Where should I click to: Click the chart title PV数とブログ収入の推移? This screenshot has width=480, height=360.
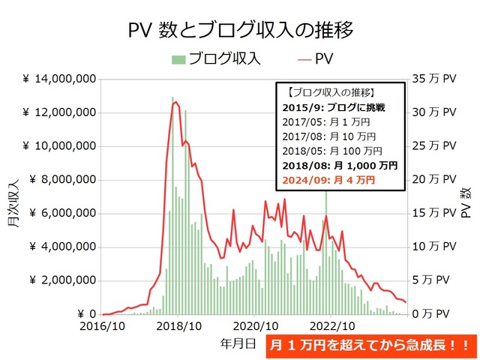click(x=239, y=29)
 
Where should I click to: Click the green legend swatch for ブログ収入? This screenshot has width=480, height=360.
click(x=178, y=58)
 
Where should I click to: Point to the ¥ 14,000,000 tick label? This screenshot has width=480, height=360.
click(x=59, y=79)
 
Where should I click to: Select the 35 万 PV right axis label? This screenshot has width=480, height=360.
click(x=434, y=79)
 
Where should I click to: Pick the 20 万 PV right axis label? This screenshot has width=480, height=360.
click(x=434, y=180)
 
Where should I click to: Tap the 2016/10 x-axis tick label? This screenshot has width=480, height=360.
click(x=102, y=327)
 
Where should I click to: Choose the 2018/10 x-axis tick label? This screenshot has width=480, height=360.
click(x=178, y=327)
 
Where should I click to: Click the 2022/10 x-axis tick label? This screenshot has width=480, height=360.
click(x=331, y=327)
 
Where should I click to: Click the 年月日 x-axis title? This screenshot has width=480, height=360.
click(x=241, y=343)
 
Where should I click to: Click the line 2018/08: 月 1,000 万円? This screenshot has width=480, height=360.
click(x=340, y=166)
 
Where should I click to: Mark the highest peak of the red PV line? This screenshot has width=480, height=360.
click(x=175, y=102)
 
